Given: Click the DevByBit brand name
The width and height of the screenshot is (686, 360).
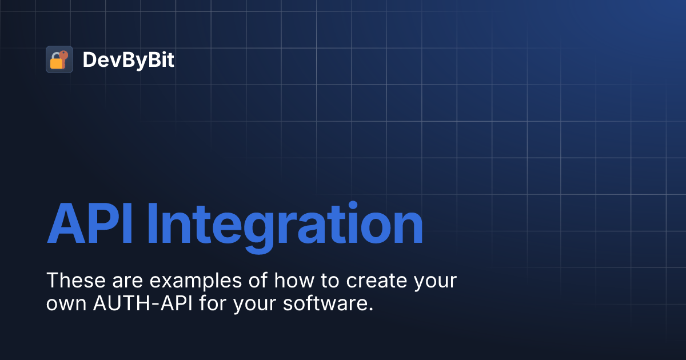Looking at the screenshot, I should tap(129, 60).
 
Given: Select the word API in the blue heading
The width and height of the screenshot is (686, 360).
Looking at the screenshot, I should tap(91, 224).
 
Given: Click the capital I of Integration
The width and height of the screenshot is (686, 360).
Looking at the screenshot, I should tap(152, 224).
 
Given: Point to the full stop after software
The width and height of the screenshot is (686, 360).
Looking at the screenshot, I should tap(370, 309).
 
